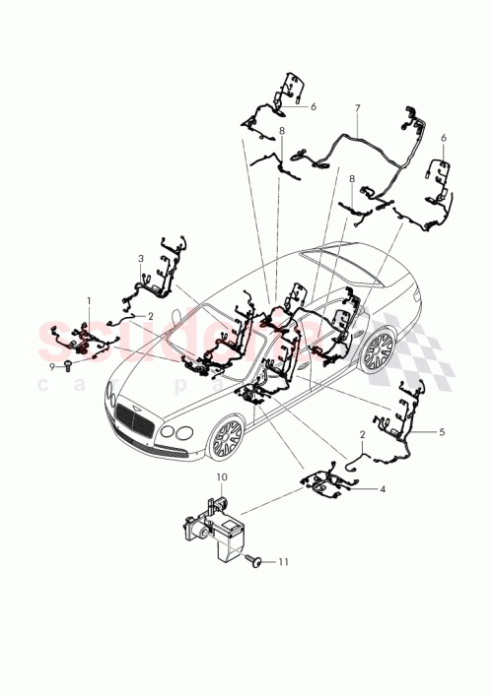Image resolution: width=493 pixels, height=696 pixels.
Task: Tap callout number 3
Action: point(141,258)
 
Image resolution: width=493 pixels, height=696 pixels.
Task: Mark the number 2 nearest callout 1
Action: point(151,316)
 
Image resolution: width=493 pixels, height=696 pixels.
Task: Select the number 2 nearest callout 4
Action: point(362,434)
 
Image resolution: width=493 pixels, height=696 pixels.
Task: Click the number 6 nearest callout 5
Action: point(444,138)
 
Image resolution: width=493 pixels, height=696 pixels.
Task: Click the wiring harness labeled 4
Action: point(330,482)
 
